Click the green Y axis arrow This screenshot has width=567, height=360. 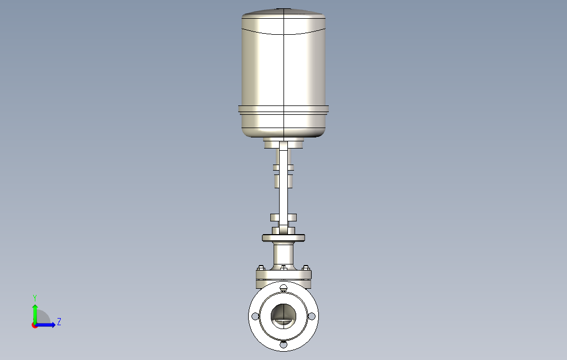(35, 313)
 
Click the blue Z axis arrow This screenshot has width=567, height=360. (46, 325)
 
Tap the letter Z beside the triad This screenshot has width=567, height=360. (59, 321)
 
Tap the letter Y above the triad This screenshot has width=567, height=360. (35, 298)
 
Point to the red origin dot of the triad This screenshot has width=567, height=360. (34, 325)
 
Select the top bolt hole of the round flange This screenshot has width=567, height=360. (283, 287)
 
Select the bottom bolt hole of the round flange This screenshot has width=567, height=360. (283, 345)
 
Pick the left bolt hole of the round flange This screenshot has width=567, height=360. (255, 316)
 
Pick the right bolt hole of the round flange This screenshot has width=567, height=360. (312, 316)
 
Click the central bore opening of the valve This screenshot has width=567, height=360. (283, 315)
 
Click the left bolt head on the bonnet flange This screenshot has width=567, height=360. (260, 268)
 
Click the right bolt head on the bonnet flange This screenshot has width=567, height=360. (306, 268)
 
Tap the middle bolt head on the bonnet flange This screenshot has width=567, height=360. (283, 268)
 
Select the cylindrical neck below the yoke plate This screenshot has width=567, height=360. (283, 255)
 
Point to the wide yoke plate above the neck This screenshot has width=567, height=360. (283, 237)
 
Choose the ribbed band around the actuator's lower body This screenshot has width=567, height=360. (283, 109)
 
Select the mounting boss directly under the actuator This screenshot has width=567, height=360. (283, 144)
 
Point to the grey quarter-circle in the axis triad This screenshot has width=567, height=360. (45, 317)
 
